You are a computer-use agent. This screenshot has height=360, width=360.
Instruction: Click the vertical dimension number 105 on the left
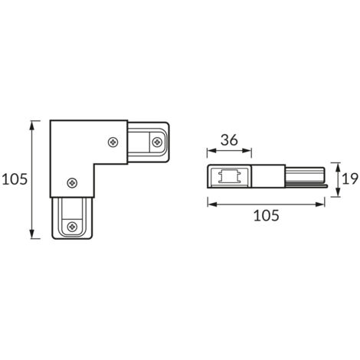click(x=15, y=178)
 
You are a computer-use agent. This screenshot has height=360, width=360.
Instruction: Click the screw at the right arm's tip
click(x=157, y=141)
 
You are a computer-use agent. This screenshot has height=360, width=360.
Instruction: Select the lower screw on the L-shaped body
click(x=71, y=182)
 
